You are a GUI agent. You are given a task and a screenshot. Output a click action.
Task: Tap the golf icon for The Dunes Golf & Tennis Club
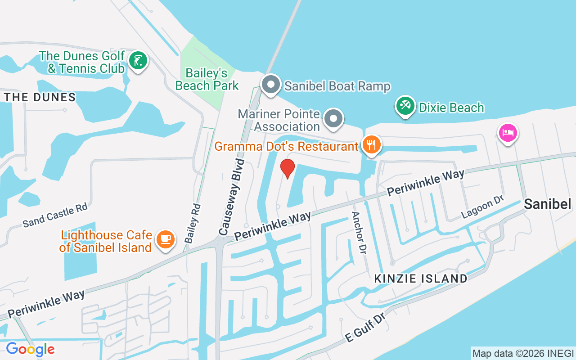[138, 61]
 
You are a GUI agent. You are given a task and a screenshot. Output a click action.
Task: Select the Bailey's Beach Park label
[207, 79]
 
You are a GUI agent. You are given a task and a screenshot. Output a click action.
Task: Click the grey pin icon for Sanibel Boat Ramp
[271, 85]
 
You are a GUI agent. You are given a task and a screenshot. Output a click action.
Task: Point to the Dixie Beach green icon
[405, 106]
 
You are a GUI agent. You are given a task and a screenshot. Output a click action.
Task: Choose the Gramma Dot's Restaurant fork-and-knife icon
[371, 145]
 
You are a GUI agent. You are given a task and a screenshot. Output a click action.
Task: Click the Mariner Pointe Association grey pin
[333, 119]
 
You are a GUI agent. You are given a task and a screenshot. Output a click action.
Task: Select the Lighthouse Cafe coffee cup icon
[165, 238]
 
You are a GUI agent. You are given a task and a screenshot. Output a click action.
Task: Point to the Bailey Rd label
[193, 224]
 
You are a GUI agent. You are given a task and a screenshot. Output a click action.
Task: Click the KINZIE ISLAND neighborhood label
[421, 279]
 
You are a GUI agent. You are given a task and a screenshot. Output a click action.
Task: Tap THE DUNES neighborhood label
[40, 97]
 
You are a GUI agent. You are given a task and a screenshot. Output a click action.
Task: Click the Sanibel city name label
[547, 204]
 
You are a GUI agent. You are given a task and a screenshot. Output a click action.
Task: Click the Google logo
[30, 349]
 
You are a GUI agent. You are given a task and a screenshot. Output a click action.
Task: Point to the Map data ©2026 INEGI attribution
[523, 354]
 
